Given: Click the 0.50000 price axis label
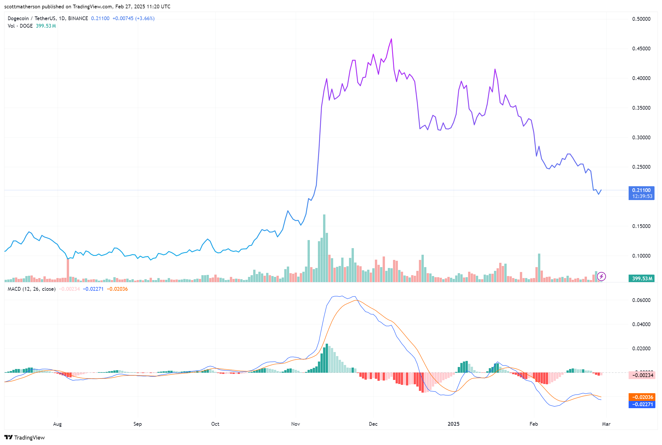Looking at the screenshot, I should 641,19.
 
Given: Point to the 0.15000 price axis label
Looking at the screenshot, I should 641,226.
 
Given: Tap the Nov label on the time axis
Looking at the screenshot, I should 295,424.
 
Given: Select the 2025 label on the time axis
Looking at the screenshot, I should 454,424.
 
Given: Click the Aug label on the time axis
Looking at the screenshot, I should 58,424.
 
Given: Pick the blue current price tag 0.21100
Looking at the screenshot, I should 641,190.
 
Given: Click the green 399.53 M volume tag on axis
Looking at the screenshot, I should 641,278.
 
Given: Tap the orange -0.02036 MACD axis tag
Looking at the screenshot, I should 642,397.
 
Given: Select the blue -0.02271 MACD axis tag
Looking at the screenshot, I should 642,404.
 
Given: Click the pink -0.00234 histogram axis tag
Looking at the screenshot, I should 642,375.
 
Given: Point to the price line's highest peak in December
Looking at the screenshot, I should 391,39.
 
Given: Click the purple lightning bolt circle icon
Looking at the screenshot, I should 601,277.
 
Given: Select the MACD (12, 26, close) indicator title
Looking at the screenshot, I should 32,289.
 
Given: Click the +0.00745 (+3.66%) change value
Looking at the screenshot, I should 133,18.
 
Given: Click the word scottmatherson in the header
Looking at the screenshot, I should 22,7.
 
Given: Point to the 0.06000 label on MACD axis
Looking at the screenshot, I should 641,300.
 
